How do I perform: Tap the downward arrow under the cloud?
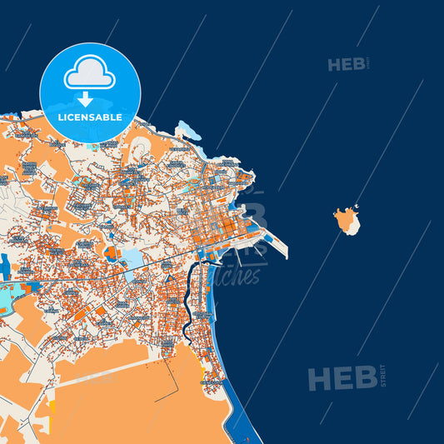[86, 99]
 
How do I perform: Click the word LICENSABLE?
[90, 117]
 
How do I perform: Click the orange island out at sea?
[347, 222]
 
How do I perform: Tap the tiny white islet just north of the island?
[356, 207]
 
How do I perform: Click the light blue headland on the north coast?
[188, 130]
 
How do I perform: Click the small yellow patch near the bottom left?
[51, 408]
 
